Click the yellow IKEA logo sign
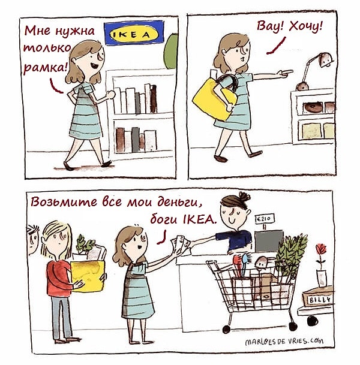[x=134, y=33]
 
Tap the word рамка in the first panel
[x=45, y=68]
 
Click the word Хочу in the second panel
[x=306, y=26]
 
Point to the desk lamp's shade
[x=326, y=59]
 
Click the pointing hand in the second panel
[x=285, y=73]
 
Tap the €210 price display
[x=265, y=219]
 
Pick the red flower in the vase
[x=321, y=249]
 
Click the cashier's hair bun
[x=244, y=197]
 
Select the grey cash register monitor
[x=269, y=241]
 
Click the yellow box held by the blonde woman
[x=88, y=276]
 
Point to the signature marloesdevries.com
[x=284, y=341]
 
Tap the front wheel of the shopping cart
[x=226, y=329]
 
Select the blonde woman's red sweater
[x=59, y=278]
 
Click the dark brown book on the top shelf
[x=154, y=99]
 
